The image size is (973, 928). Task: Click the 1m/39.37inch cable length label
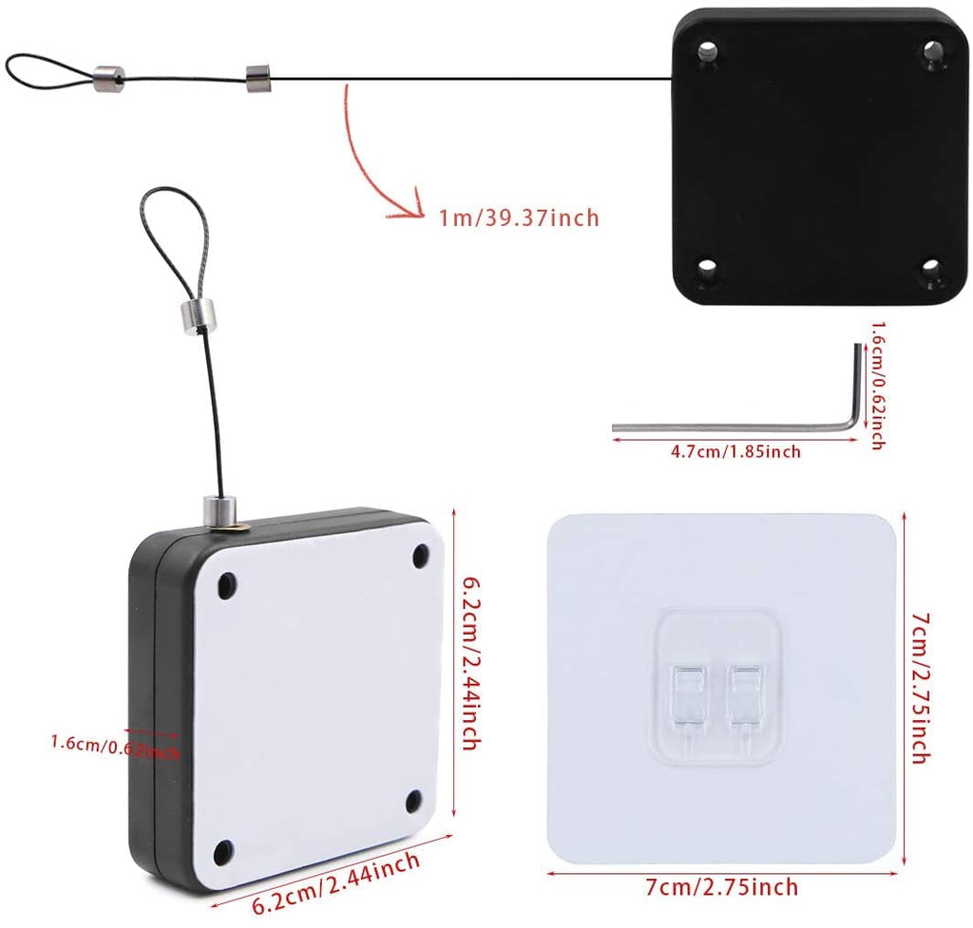519,218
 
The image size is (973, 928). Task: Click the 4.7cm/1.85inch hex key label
735,451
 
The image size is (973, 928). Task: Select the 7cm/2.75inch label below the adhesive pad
722,887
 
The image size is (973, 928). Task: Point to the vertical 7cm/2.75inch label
919,688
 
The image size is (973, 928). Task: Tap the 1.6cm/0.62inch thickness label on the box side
114,746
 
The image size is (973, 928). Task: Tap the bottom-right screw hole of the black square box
930,268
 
